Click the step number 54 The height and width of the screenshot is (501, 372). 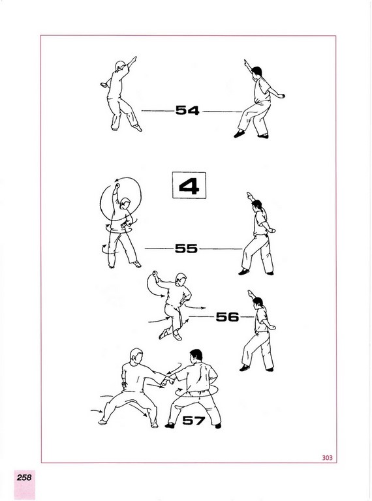pyautogui.click(x=187, y=110)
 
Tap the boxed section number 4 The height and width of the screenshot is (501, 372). pyautogui.click(x=189, y=186)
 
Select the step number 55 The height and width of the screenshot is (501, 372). pyautogui.click(x=186, y=249)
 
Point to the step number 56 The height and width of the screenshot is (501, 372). pyautogui.click(x=227, y=317)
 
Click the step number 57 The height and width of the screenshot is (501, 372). pyautogui.click(x=194, y=420)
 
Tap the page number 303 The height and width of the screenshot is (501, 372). pyautogui.click(x=327, y=457)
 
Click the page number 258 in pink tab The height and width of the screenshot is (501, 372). pyautogui.click(x=24, y=478)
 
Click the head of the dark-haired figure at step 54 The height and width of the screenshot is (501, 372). pyautogui.click(x=256, y=72)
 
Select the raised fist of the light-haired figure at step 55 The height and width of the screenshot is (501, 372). pyautogui.click(x=117, y=186)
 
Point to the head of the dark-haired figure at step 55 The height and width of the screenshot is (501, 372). pyautogui.click(x=257, y=205)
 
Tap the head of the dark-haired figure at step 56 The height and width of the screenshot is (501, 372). pyautogui.click(x=258, y=302)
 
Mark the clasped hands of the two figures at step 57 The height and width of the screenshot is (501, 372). pyautogui.click(x=168, y=380)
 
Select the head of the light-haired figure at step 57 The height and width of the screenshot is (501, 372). pyautogui.click(x=136, y=356)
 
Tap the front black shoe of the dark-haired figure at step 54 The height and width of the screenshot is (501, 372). pyautogui.click(x=240, y=134)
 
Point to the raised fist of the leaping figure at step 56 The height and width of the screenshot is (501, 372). pyautogui.click(x=155, y=274)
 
